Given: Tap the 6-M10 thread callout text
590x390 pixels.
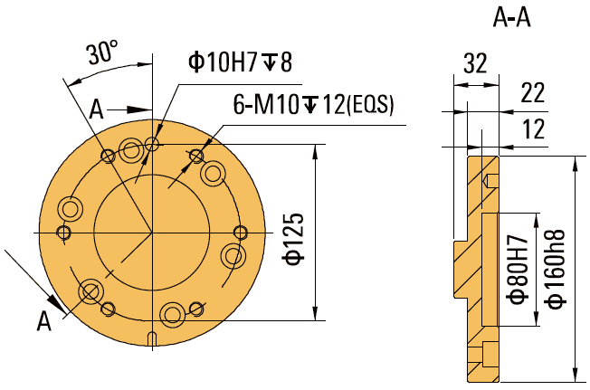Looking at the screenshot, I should click(313, 105).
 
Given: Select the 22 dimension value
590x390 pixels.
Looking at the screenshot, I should click(534, 93).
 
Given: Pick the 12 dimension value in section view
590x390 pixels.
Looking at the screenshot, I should click(534, 129).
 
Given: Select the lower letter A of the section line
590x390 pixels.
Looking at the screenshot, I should click(43, 319).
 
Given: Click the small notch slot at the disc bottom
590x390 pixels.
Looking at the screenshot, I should click(152, 339).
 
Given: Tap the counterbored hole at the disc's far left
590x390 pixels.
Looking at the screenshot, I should click(70, 210).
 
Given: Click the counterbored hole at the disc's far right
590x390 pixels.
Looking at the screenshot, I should click(234, 255).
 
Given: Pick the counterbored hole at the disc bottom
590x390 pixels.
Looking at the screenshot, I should click(173, 314).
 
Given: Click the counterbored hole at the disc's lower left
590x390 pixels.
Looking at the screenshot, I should click(90, 291).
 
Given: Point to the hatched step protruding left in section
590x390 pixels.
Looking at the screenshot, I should click(461, 268).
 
